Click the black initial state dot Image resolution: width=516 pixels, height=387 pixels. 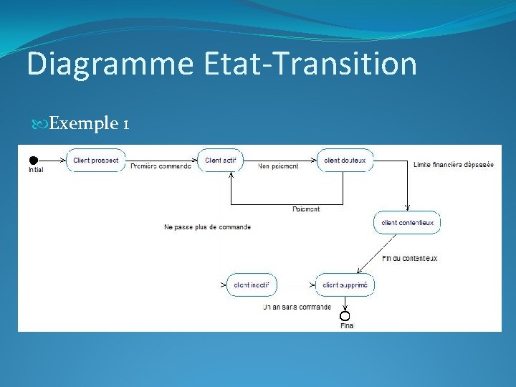click(x=32, y=160)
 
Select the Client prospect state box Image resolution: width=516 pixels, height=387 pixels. click(x=95, y=161)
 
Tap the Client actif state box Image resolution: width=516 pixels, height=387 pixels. click(x=221, y=161)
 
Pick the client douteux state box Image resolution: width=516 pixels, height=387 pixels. click(x=345, y=161)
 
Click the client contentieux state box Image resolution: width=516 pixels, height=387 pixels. click(x=407, y=223)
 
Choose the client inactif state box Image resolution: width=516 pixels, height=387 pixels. click(x=251, y=285)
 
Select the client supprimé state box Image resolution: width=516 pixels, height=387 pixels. click(x=345, y=285)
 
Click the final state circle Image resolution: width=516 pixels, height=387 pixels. click(x=345, y=316)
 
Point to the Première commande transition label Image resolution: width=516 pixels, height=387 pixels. click(x=161, y=166)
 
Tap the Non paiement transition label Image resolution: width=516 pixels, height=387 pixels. click(x=279, y=166)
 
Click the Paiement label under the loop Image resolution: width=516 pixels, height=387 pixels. click(x=307, y=209)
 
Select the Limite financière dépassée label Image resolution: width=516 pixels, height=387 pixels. click(x=454, y=165)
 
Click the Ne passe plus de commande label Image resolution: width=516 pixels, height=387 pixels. click(x=207, y=227)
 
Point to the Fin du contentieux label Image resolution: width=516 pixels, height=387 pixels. click(x=409, y=258)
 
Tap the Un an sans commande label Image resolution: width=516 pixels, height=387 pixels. click(x=297, y=307)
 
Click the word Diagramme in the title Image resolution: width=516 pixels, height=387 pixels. click(x=110, y=64)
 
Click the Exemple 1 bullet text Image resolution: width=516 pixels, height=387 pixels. click(x=90, y=124)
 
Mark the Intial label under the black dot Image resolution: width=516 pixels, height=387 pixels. click(x=36, y=170)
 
